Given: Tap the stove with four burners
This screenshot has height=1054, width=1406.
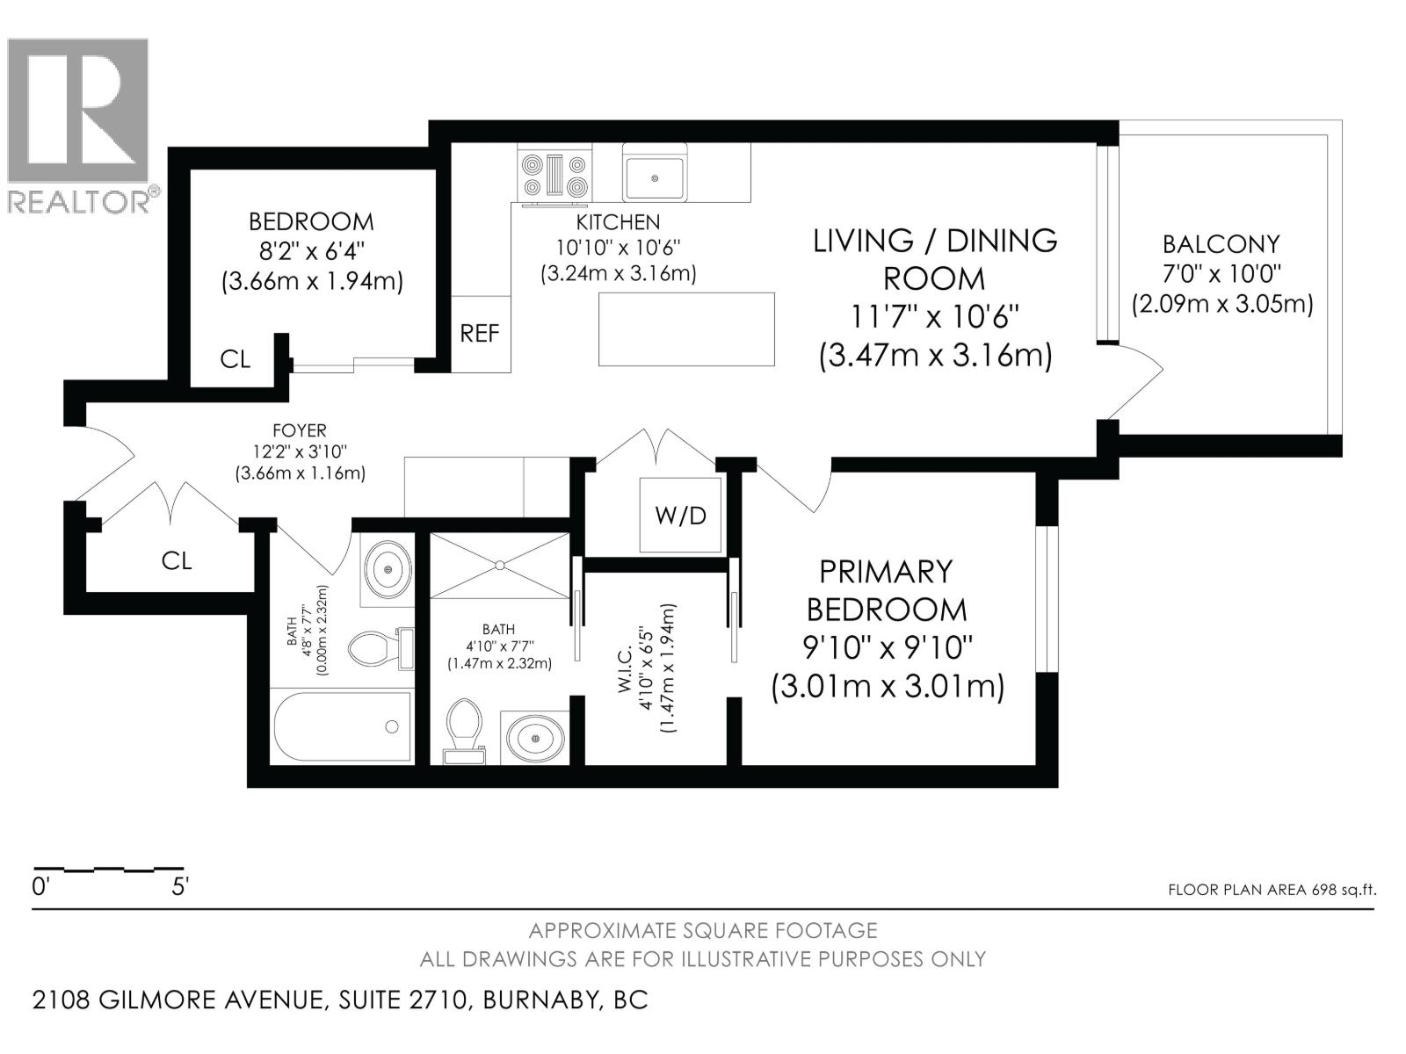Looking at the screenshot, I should (554, 175).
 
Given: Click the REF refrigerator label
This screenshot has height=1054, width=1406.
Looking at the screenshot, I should (480, 334).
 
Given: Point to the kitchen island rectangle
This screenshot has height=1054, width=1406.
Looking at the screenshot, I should (686, 329).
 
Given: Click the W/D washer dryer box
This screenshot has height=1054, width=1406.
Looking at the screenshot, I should (680, 515).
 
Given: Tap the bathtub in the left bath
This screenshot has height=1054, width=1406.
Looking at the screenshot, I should (343, 727).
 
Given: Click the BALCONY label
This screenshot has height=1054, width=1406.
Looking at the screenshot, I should (1221, 244).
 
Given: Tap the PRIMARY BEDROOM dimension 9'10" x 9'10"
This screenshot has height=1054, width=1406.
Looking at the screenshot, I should (887, 647).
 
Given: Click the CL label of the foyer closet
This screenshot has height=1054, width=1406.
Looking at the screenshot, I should (177, 560).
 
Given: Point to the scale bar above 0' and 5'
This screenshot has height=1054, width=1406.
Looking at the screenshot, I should (108, 869).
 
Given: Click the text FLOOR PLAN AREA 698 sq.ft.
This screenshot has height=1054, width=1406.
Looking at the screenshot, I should (1272, 890).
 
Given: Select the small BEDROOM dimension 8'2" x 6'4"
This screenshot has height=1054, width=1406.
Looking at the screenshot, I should (310, 250).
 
